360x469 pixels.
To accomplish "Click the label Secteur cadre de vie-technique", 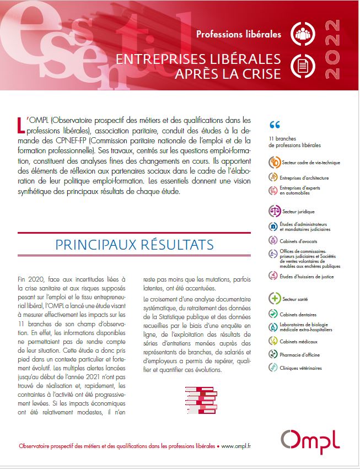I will click(x=311, y=163).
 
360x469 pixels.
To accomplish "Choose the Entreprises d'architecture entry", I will click(x=305, y=178).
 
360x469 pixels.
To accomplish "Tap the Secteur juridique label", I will click(x=299, y=211).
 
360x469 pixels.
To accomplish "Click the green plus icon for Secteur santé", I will click(x=274, y=299).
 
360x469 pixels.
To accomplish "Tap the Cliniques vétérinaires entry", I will click(x=302, y=368).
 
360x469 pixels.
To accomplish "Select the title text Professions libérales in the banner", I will click(x=239, y=34).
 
